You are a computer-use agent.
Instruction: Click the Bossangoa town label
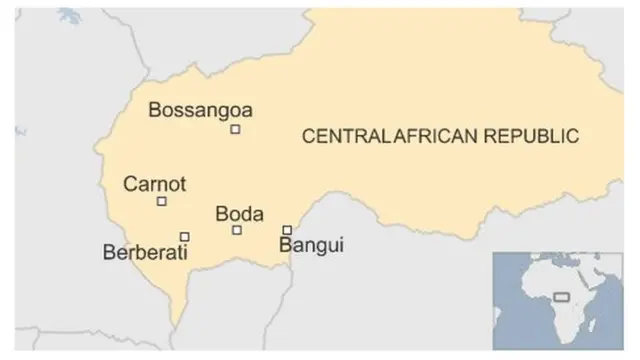pyautogui.click(x=200, y=110)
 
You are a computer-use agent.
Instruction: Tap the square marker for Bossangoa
pyautogui.click(x=235, y=129)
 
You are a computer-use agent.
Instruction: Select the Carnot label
pyautogui.click(x=154, y=184)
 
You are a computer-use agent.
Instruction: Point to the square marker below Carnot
pyautogui.click(x=162, y=202)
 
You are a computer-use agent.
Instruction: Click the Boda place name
pyautogui.click(x=240, y=214)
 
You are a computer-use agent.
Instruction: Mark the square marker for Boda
pyautogui.click(x=237, y=230)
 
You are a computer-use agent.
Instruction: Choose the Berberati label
pyautogui.click(x=146, y=253)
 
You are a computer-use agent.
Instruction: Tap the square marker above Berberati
pyautogui.click(x=185, y=237)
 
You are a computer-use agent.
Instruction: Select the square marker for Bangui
pyautogui.click(x=287, y=230)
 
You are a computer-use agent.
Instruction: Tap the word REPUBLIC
pyautogui.click(x=529, y=136)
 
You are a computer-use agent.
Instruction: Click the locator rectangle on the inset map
pyautogui.click(x=562, y=295)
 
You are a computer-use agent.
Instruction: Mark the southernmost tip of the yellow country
pyautogui.click(x=176, y=322)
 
